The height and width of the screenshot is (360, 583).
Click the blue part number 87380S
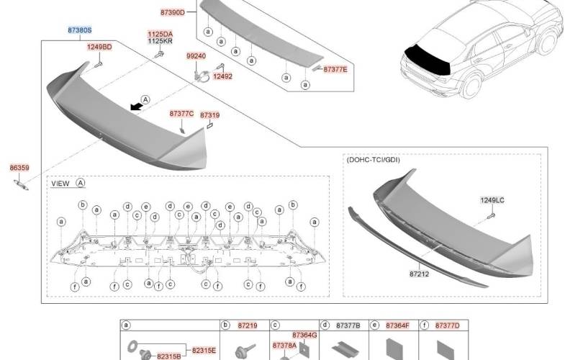coord(80,30)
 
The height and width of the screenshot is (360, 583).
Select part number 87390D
coord(173,12)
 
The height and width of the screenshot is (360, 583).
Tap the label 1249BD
coord(99,47)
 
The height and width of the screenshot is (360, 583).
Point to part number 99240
coord(196,56)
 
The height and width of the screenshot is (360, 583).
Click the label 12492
coord(222,76)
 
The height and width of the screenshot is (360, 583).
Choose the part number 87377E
coord(335,70)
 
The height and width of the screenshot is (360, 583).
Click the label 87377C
coord(181,114)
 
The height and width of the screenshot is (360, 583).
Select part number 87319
coord(209,115)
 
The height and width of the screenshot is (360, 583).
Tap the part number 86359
coord(19,168)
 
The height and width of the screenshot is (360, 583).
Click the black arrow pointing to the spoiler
coord(137,107)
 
